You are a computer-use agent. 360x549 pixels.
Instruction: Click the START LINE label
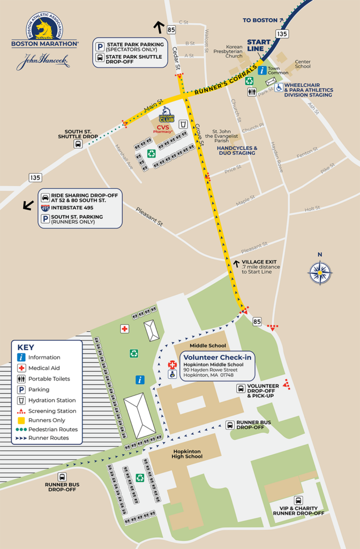coord(259,46)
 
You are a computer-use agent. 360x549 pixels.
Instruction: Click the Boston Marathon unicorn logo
coord(44,29)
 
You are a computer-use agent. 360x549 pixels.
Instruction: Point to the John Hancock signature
coord(43,61)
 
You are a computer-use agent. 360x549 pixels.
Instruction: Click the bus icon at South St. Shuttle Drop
coord(78,144)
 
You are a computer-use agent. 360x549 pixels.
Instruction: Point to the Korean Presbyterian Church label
coord(234,51)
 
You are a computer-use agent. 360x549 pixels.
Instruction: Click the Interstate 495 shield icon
coord(46,207)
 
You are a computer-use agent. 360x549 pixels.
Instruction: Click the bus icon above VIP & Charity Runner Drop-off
coord(298,500)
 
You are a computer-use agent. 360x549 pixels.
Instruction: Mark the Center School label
coord(303,64)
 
